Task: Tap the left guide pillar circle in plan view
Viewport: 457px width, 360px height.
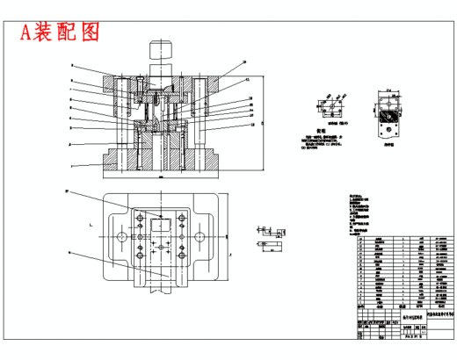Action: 117,237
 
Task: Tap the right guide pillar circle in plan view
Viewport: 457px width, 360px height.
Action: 202,237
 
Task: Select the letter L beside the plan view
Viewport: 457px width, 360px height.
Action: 90,226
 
